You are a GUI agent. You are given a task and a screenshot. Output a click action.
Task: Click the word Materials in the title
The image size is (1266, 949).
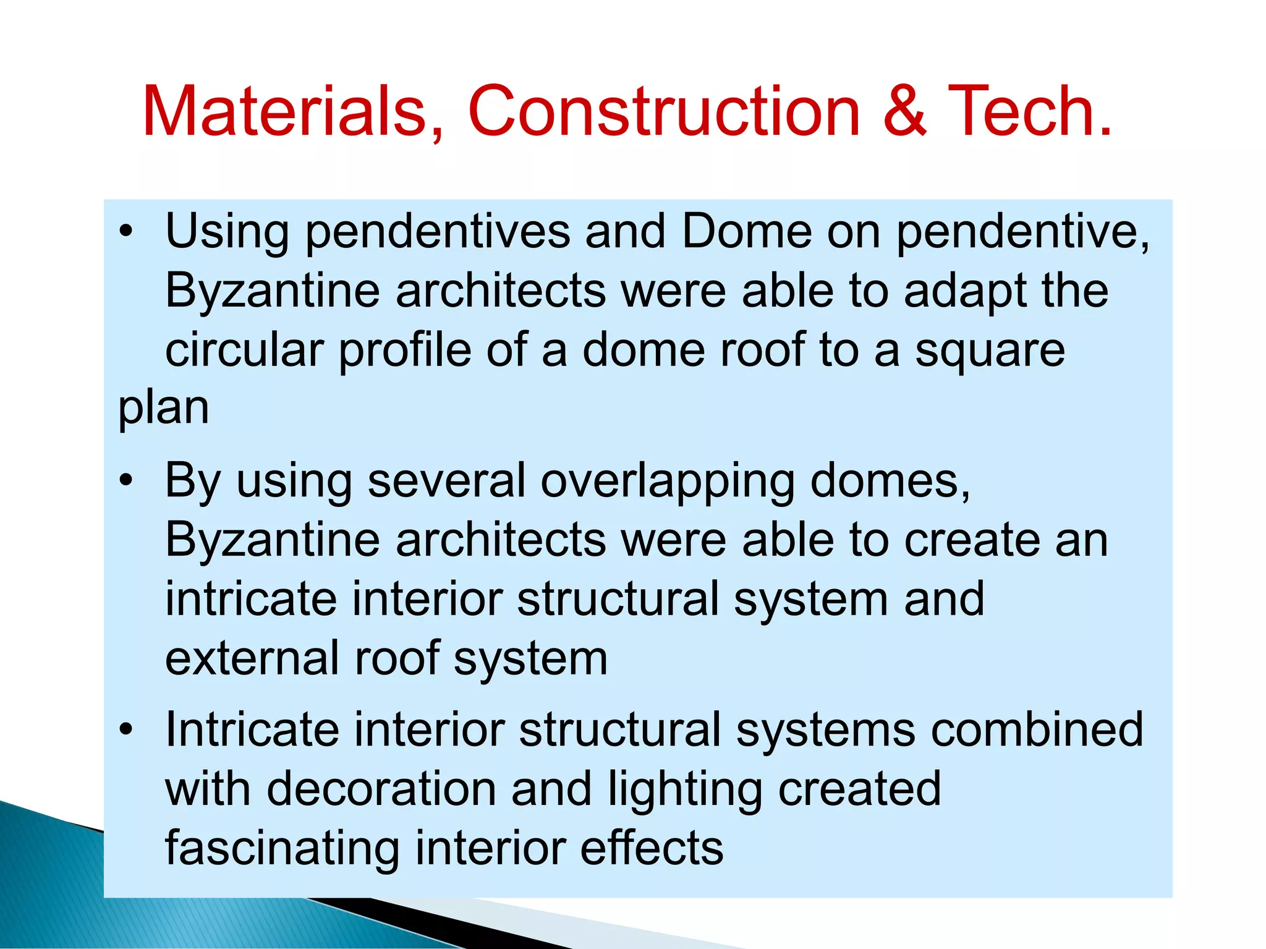point(285,111)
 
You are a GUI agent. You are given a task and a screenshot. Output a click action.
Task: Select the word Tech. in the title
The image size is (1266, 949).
point(1030,111)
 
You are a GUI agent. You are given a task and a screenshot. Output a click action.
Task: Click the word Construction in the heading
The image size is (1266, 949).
point(664,111)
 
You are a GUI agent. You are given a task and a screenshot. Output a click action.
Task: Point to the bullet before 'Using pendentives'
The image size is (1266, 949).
point(127,232)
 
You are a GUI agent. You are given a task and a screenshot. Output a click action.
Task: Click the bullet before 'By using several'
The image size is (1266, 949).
point(127,481)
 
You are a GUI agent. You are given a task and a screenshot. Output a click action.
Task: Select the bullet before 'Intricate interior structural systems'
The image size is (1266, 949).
point(127,730)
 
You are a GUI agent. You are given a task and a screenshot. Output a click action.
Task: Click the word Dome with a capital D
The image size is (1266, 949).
point(746,231)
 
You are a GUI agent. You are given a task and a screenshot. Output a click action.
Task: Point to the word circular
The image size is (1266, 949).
point(244,350)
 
